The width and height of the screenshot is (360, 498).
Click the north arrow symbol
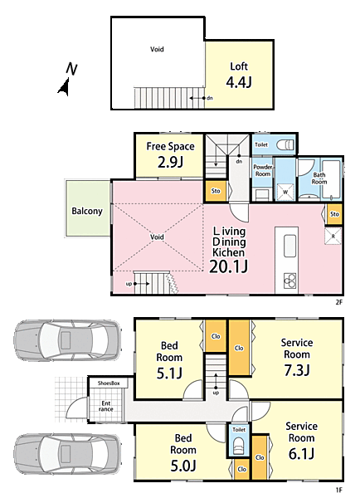(65, 86)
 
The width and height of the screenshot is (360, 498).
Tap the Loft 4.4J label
(239, 76)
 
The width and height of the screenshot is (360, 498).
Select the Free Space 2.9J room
(169, 156)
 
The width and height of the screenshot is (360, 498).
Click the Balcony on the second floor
(88, 208)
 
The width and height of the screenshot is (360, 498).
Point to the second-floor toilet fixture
(285, 145)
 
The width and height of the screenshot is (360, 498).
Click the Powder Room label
(263, 170)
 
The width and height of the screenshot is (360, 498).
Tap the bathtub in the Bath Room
(331, 179)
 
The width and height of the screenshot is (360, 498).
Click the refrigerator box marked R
(333, 237)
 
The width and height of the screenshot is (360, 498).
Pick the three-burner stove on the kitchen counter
(289, 281)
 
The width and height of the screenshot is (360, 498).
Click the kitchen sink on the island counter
(289, 246)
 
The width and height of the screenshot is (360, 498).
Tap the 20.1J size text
(229, 266)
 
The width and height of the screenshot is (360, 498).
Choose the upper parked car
(67, 340)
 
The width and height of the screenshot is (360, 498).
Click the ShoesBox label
(109, 383)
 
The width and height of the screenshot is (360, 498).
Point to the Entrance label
(105, 406)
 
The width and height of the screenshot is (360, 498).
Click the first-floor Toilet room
(239, 441)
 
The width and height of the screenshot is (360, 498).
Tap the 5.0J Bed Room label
(183, 452)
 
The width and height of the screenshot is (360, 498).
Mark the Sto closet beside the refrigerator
(334, 214)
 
